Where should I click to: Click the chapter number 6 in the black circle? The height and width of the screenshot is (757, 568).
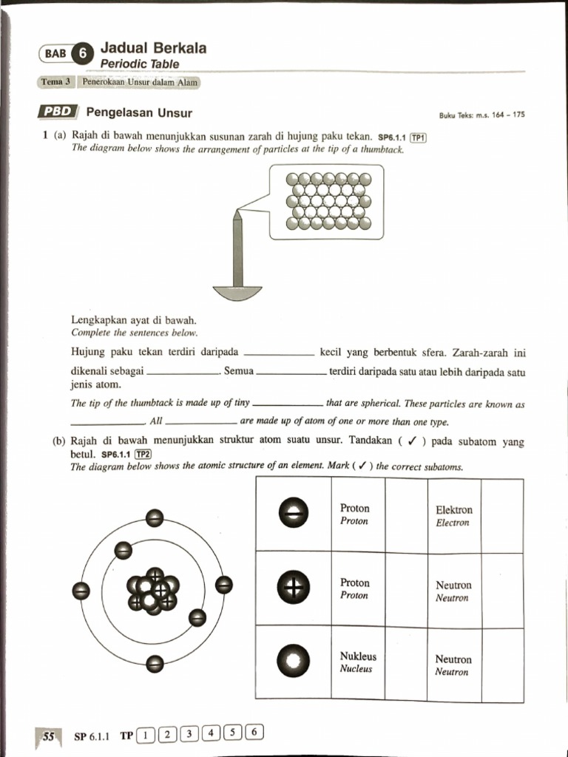pos(84,53)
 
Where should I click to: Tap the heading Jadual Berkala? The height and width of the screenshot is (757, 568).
pos(153,48)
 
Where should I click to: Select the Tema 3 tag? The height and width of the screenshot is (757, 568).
pos(55,83)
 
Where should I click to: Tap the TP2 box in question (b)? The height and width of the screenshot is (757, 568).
pos(142,455)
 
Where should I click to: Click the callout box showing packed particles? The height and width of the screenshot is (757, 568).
pos(327,202)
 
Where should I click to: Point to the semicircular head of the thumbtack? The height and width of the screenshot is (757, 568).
pos(237,293)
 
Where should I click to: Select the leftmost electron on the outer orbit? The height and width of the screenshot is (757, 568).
pos(81,590)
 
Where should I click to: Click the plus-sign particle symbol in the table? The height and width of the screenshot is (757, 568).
pos(292,588)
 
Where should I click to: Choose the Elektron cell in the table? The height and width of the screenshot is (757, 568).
pos(454,515)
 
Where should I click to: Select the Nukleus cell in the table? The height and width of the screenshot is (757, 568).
pos(358,662)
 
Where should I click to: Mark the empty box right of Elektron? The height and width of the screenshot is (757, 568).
pos(503,515)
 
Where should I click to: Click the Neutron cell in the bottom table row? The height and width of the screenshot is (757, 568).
pos(453,665)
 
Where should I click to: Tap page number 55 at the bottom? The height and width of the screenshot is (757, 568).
pos(49,736)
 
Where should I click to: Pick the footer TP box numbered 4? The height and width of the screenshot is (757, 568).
pos(212,734)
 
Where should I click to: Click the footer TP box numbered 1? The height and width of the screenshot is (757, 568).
pos(146,734)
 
